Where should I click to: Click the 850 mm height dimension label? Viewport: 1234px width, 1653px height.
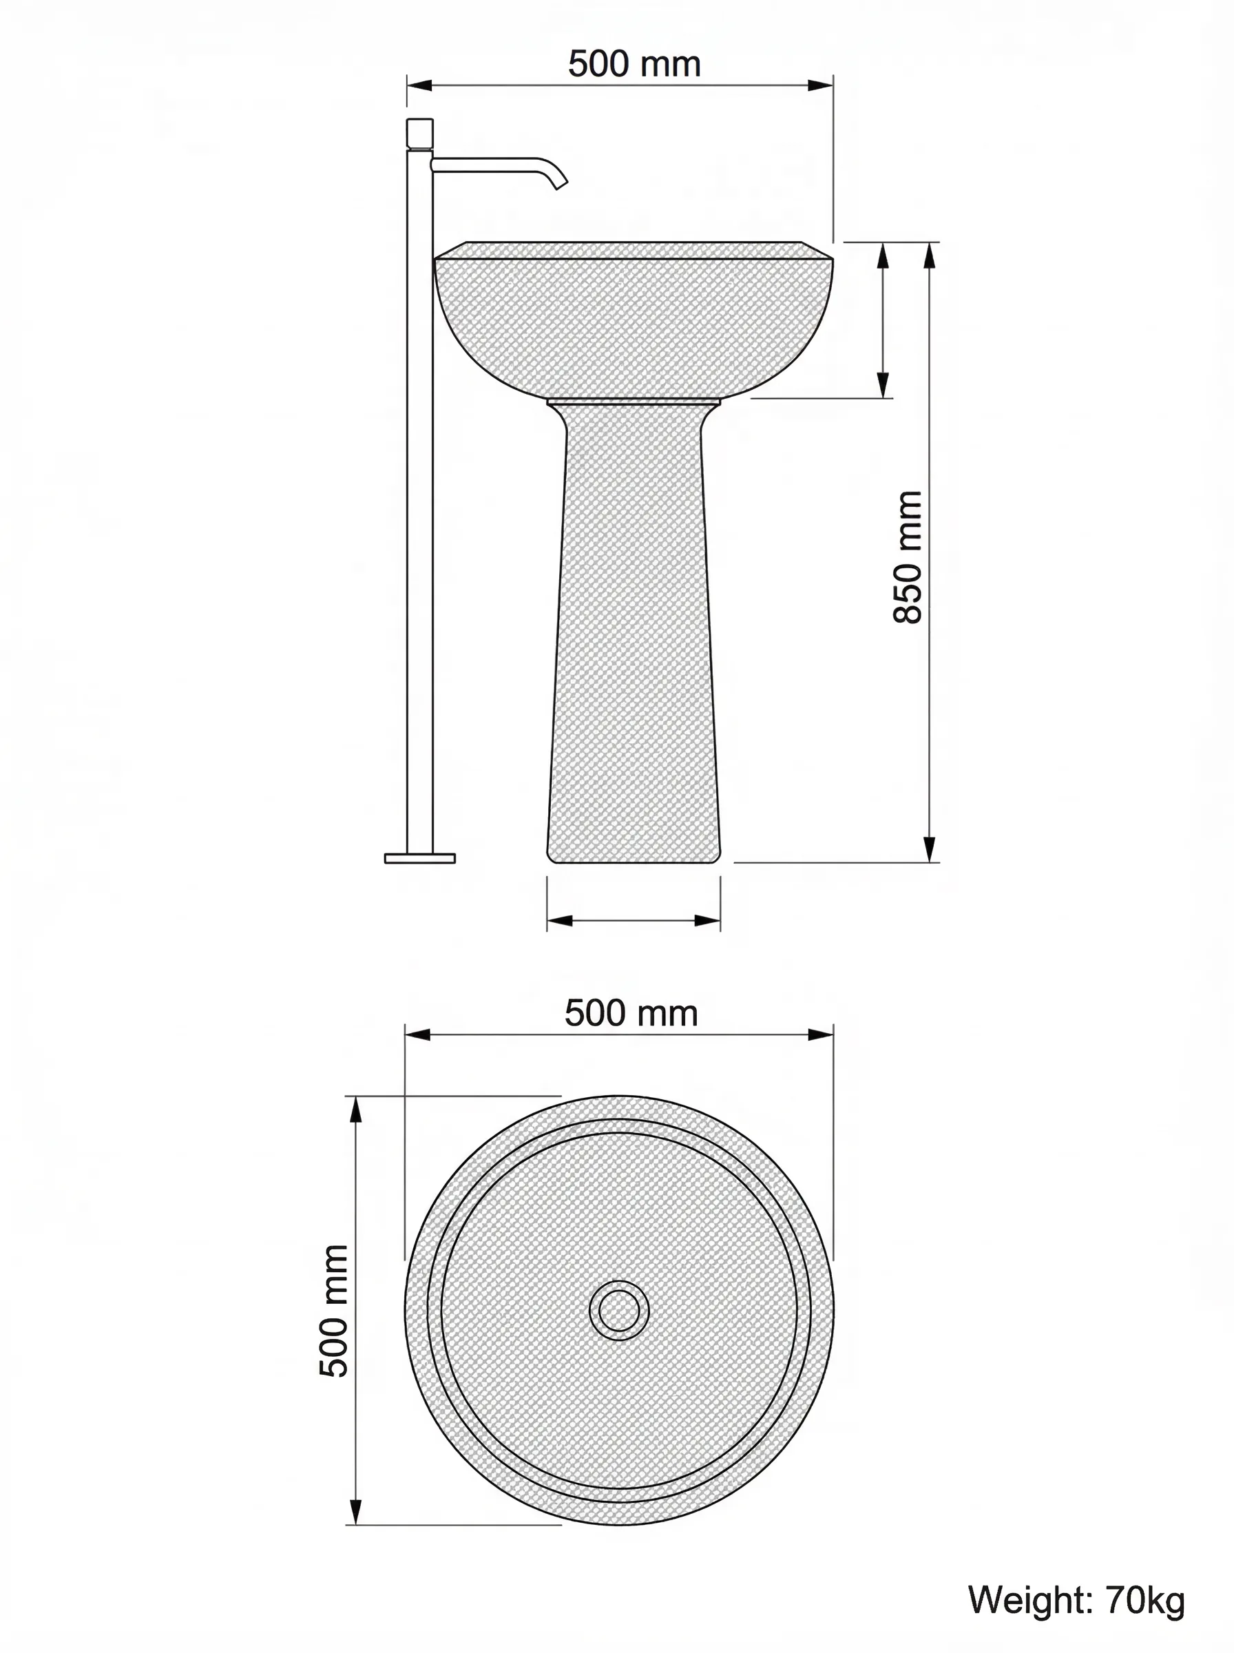[x=908, y=557]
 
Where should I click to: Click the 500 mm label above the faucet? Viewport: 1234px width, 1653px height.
[x=634, y=63]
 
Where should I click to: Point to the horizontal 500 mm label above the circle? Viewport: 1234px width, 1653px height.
[x=631, y=1014]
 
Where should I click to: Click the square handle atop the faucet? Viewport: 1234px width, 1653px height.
[x=420, y=134]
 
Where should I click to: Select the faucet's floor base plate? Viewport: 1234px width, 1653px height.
[x=420, y=858]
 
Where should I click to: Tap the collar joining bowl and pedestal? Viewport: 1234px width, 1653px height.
[x=634, y=401]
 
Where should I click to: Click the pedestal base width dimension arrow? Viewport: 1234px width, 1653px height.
[x=634, y=920]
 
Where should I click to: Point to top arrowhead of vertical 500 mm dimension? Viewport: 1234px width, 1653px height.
[x=356, y=1111]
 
